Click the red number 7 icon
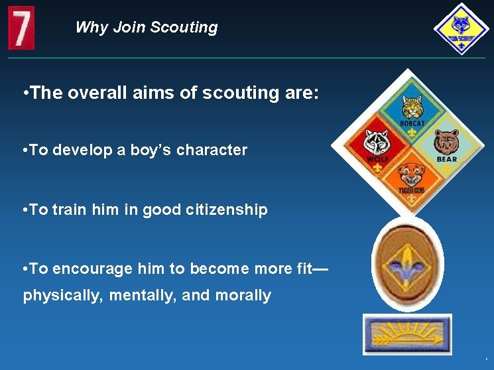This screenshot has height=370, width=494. (21, 28)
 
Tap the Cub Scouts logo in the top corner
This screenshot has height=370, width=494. (461, 29)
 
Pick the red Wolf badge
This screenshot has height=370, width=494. (378, 145)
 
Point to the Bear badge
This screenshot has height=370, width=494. (446, 145)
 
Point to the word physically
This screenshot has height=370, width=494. (62, 295)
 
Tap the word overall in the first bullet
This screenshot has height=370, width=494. (92, 93)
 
